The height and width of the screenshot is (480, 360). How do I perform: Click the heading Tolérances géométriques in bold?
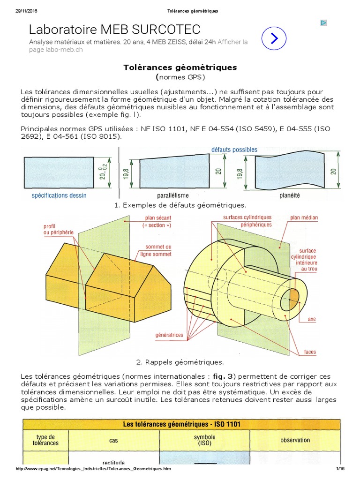180,67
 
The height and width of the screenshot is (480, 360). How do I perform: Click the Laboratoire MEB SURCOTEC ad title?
115,30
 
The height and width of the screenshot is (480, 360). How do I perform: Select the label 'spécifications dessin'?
59,195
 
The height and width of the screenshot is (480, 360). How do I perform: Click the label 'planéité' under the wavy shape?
290,195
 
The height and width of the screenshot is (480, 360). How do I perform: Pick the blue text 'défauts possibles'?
234,150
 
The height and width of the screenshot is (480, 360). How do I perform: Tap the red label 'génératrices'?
169,335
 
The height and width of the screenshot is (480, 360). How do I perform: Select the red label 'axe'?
312,319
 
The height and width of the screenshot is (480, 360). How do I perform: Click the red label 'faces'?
310,352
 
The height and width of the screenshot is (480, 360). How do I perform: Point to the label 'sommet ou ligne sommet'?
158,250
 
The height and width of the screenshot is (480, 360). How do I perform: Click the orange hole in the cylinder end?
293,296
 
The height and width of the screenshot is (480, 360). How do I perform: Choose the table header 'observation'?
295,440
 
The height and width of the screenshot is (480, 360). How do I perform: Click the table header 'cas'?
113,441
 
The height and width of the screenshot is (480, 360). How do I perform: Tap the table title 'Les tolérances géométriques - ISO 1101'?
182,424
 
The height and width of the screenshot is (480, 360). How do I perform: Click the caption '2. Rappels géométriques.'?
180,362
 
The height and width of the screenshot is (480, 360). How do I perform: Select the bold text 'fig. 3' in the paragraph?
222,377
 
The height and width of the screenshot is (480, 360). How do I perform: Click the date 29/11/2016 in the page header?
26,11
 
